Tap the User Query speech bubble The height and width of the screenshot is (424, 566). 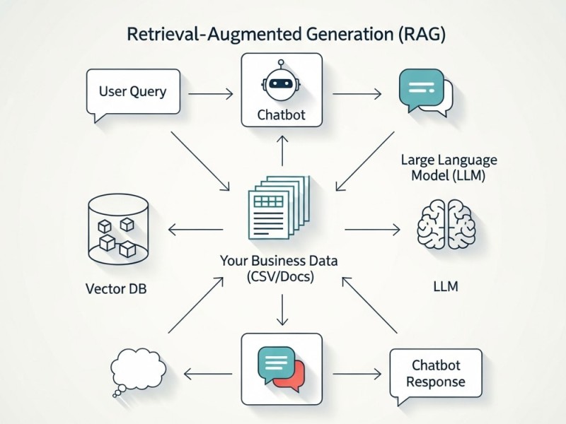(x=132, y=92)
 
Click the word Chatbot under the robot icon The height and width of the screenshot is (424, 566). (x=282, y=114)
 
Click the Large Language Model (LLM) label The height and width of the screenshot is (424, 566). (x=449, y=167)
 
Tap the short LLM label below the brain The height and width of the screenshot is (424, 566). (x=446, y=287)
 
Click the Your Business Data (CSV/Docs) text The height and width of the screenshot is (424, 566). (x=279, y=269)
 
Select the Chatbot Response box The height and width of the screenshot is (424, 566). (x=436, y=375)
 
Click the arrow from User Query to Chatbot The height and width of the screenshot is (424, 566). (x=212, y=93)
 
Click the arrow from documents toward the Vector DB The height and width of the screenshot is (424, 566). (x=195, y=229)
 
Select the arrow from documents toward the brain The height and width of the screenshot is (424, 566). (x=371, y=229)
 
